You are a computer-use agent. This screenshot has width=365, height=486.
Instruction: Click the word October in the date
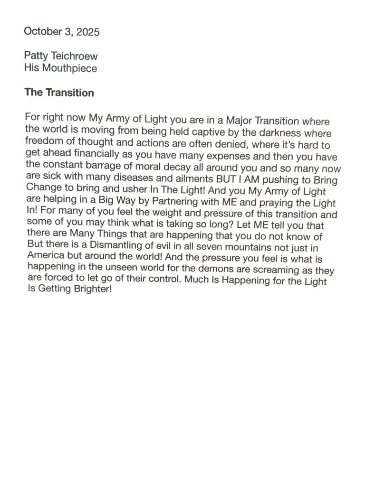[x=40, y=32]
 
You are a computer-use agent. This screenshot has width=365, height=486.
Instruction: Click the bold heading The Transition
[x=59, y=93]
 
